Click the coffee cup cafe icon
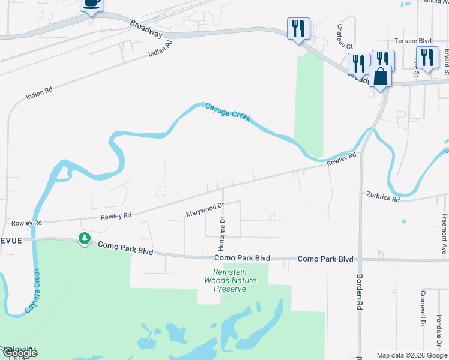(91, 3)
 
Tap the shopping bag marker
(380, 76)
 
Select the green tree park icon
(85, 239)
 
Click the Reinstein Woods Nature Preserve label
(230, 280)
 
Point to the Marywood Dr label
(205, 209)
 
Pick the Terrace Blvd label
(413, 41)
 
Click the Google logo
(20, 353)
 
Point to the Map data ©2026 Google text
(411, 355)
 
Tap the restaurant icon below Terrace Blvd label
(427, 58)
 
